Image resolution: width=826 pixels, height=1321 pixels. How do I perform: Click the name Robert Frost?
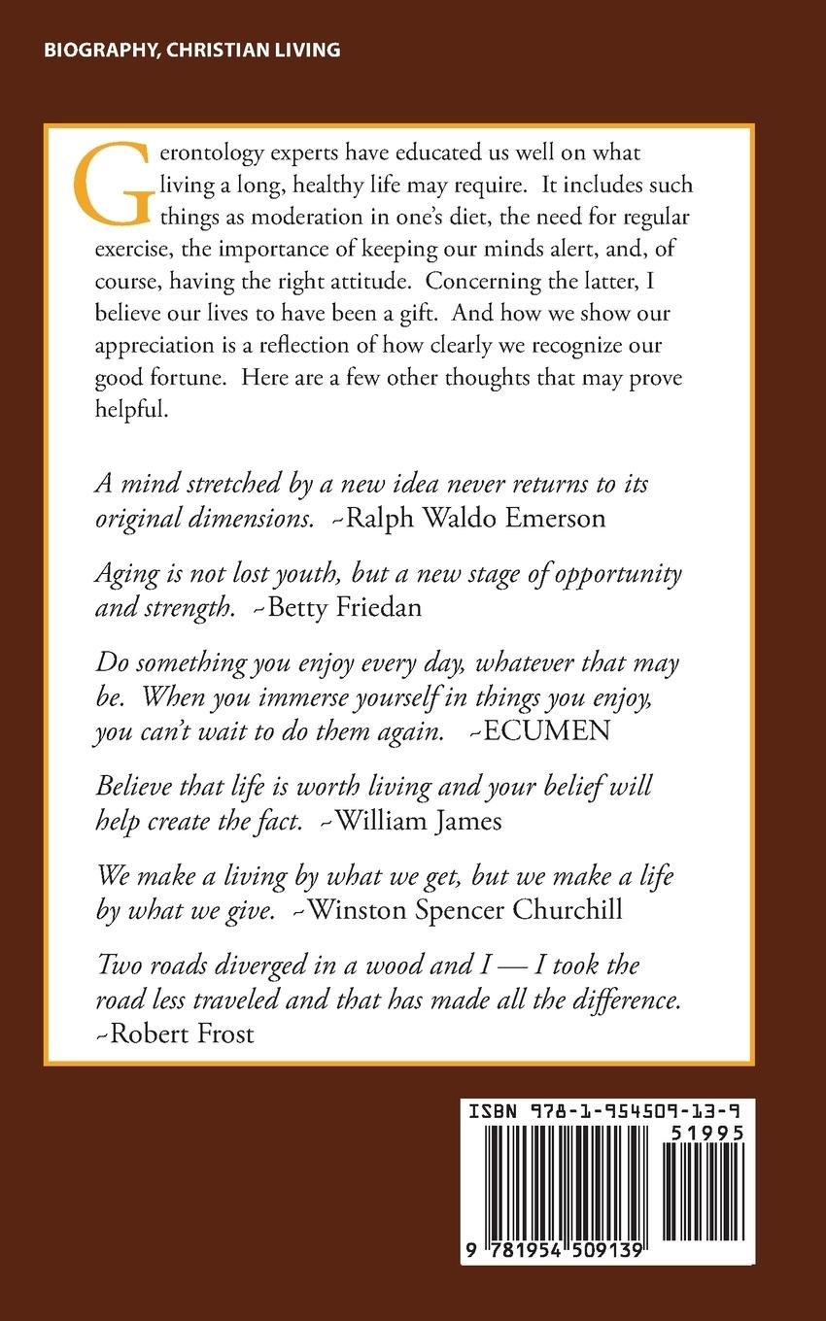pos(182,1033)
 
